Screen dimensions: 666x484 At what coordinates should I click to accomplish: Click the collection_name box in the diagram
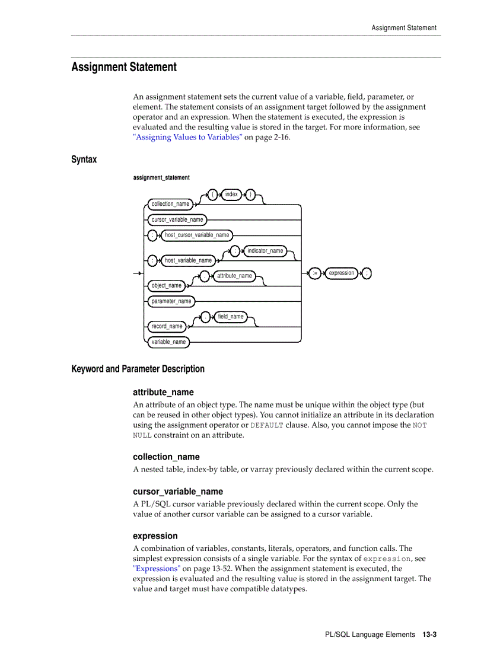tap(170, 204)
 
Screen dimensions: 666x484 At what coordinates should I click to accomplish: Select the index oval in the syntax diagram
tap(231, 195)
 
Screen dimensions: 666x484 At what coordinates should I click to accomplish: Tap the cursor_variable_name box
tap(177, 220)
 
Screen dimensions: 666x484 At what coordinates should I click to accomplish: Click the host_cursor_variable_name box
tap(197, 235)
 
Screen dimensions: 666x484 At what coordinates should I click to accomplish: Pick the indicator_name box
tap(265, 251)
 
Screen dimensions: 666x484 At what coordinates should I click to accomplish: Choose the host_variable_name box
tap(188, 260)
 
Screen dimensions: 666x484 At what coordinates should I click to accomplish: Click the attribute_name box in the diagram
tap(234, 276)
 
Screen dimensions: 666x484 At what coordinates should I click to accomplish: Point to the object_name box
tap(167, 286)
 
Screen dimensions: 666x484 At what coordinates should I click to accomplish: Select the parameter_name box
tap(171, 301)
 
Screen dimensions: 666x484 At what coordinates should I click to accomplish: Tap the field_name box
tap(230, 317)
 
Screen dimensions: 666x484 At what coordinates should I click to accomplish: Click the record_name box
tap(167, 326)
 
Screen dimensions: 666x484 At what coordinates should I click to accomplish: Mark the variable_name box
tap(168, 342)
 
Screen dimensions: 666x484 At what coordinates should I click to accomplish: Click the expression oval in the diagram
tap(342, 273)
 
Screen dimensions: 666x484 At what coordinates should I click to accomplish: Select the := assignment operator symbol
tap(315, 273)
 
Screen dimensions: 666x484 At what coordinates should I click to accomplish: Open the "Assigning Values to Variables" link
tap(187, 137)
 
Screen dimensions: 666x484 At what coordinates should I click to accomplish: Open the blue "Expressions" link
tap(157, 568)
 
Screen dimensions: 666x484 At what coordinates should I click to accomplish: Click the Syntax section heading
tap(84, 160)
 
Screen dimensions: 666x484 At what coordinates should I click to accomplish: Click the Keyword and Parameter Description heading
tap(138, 369)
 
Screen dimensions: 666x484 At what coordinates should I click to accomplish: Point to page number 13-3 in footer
tap(429, 635)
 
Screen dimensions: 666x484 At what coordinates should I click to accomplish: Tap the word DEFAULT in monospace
tap(266, 425)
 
